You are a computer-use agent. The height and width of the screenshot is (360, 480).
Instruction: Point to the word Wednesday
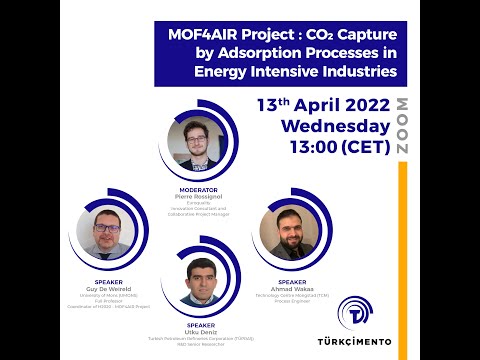[334, 126]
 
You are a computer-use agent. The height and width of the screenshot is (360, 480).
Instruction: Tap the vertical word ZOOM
[402, 125]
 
